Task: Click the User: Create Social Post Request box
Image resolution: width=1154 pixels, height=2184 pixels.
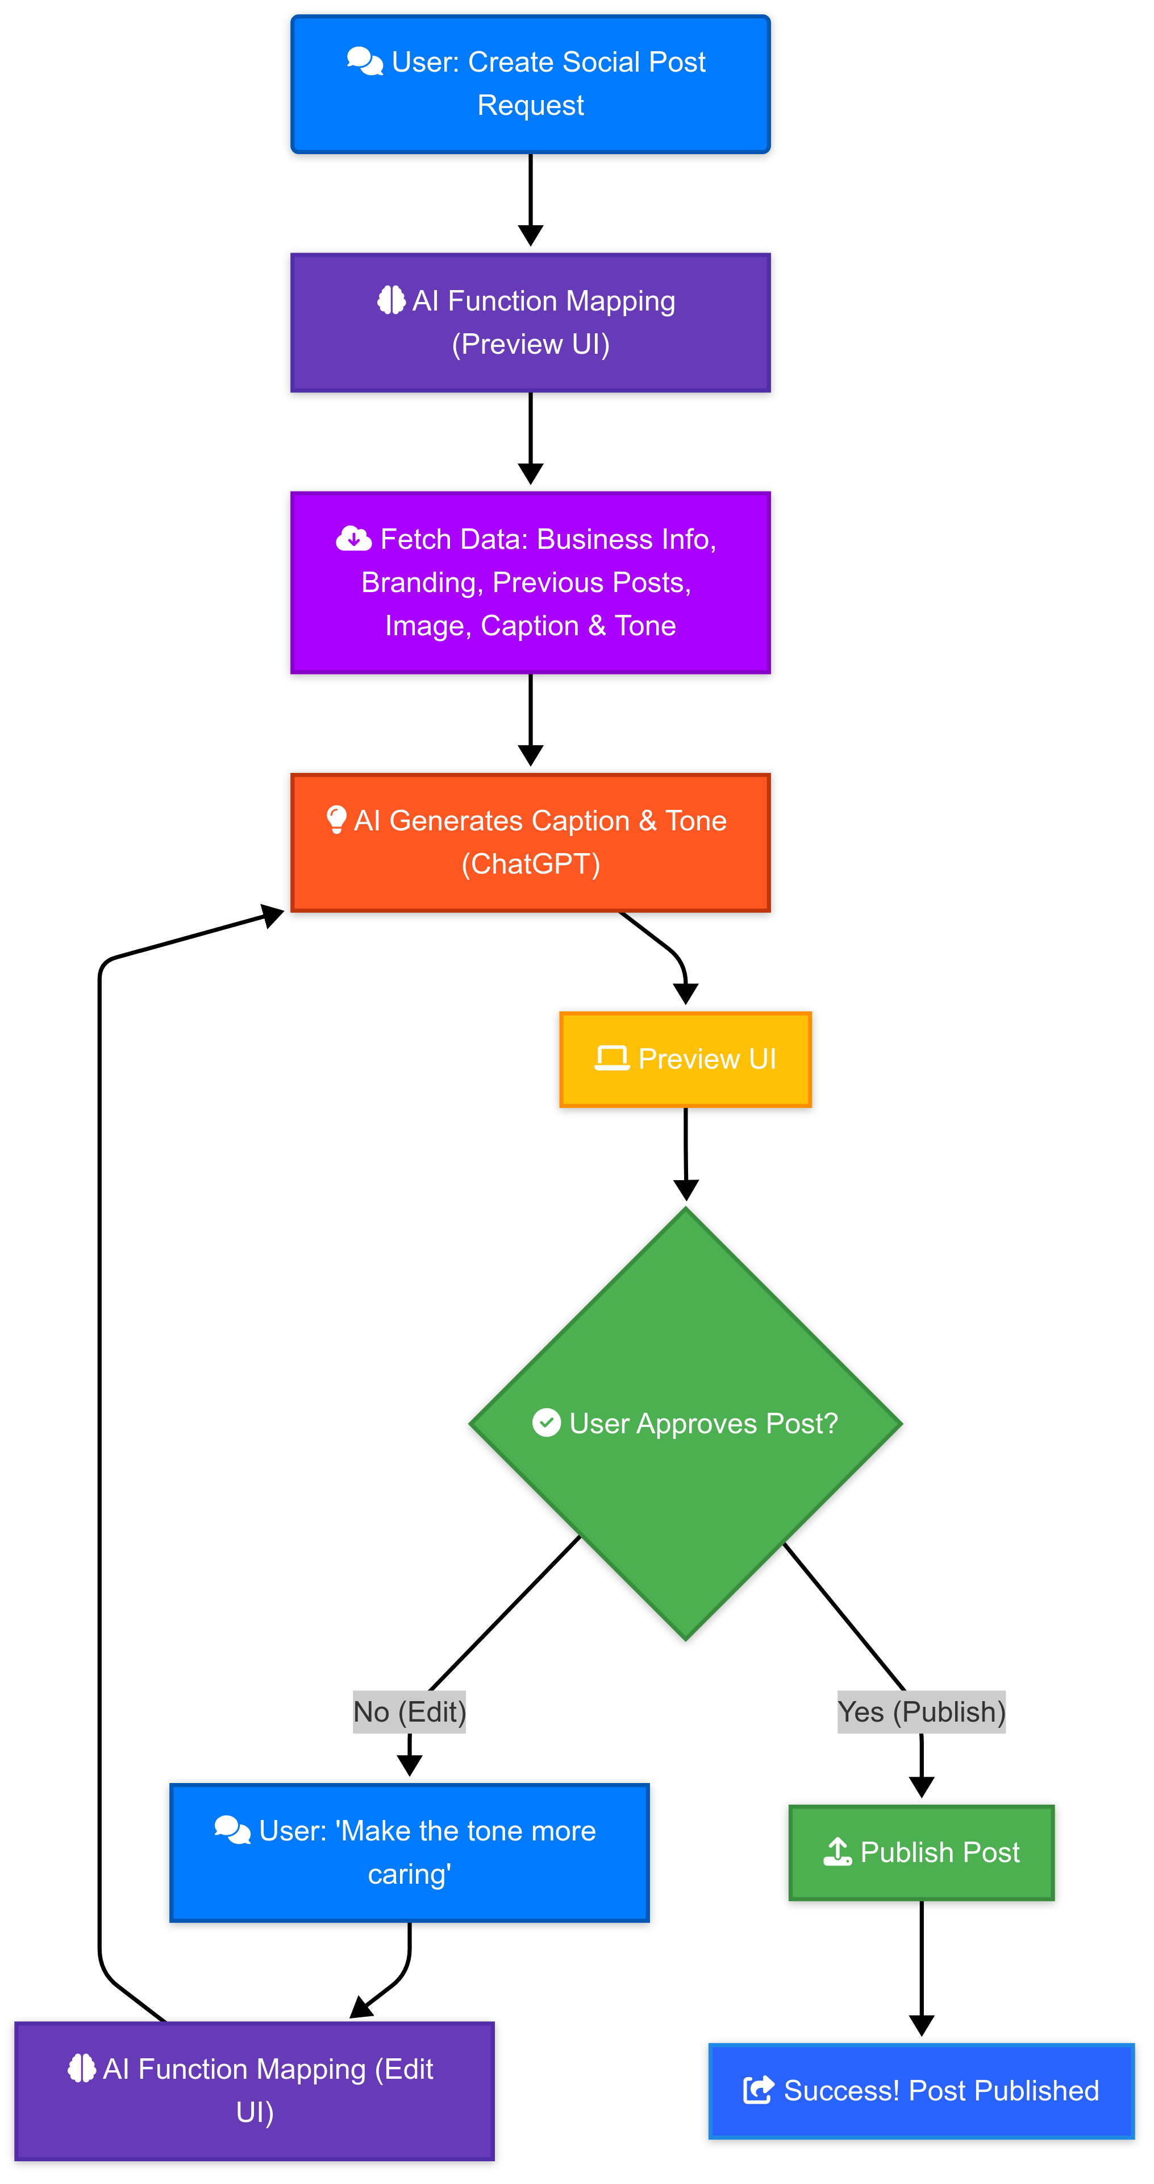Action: [x=530, y=85]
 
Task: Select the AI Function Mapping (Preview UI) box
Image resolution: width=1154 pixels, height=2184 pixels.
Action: [x=530, y=322]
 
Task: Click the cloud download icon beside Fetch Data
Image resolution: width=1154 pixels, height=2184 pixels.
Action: [x=353, y=539]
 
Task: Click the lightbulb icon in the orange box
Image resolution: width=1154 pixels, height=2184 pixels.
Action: [x=336, y=819]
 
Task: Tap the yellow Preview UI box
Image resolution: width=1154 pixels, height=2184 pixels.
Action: [x=685, y=1059]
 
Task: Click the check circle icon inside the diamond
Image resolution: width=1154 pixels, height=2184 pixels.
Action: [x=547, y=1422]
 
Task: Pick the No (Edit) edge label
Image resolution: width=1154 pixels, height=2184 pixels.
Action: [x=409, y=1712]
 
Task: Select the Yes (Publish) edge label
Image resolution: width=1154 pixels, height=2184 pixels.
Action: [x=921, y=1712]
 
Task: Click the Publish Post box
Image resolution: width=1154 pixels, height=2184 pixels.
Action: [x=921, y=1852]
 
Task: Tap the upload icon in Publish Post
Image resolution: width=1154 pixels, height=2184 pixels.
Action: [x=837, y=1852]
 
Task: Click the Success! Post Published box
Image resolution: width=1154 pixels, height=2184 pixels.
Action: [x=921, y=2091]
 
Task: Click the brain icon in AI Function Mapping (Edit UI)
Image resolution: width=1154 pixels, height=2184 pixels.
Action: [x=81, y=2068]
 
